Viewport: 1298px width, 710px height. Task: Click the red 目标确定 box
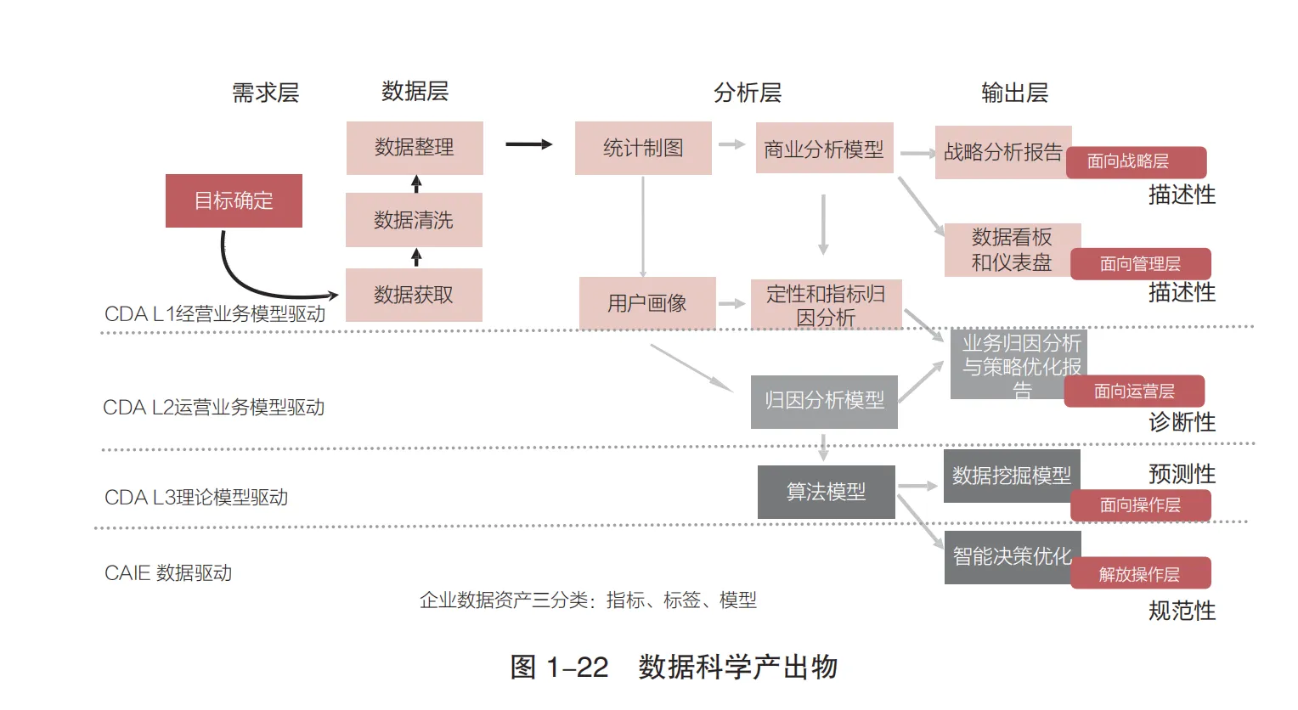[x=234, y=200]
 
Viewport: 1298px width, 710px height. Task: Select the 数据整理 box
[x=415, y=148]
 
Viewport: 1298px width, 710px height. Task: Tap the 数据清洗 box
[x=414, y=220]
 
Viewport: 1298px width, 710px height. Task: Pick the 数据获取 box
[x=414, y=295]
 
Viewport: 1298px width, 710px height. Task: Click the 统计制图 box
[x=643, y=149]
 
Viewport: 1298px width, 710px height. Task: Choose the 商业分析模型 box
[x=824, y=149]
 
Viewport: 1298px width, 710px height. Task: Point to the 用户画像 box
[x=647, y=303]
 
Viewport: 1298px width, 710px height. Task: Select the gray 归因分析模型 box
[x=824, y=401]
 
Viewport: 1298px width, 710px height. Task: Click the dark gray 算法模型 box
[x=826, y=492]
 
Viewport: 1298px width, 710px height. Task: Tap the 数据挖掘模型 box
[x=1011, y=476]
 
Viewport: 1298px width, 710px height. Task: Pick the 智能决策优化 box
[x=1011, y=556]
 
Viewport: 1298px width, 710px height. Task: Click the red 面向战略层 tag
[x=1136, y=161]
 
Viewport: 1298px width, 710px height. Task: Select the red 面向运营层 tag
[x=1134, y=392]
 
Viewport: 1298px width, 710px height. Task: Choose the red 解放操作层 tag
[x=1140, y=575]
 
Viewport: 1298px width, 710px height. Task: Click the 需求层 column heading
[x=266, y=93]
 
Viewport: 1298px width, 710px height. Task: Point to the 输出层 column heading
[x=1014, y=93]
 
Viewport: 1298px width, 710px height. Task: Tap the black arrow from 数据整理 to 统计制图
[x=528, y=144]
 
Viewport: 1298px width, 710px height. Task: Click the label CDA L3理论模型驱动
[x=196, y=497]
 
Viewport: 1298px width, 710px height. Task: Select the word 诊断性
[x=1182, y=422]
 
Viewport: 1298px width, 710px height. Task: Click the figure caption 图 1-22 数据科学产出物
[x=674, y=668]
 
